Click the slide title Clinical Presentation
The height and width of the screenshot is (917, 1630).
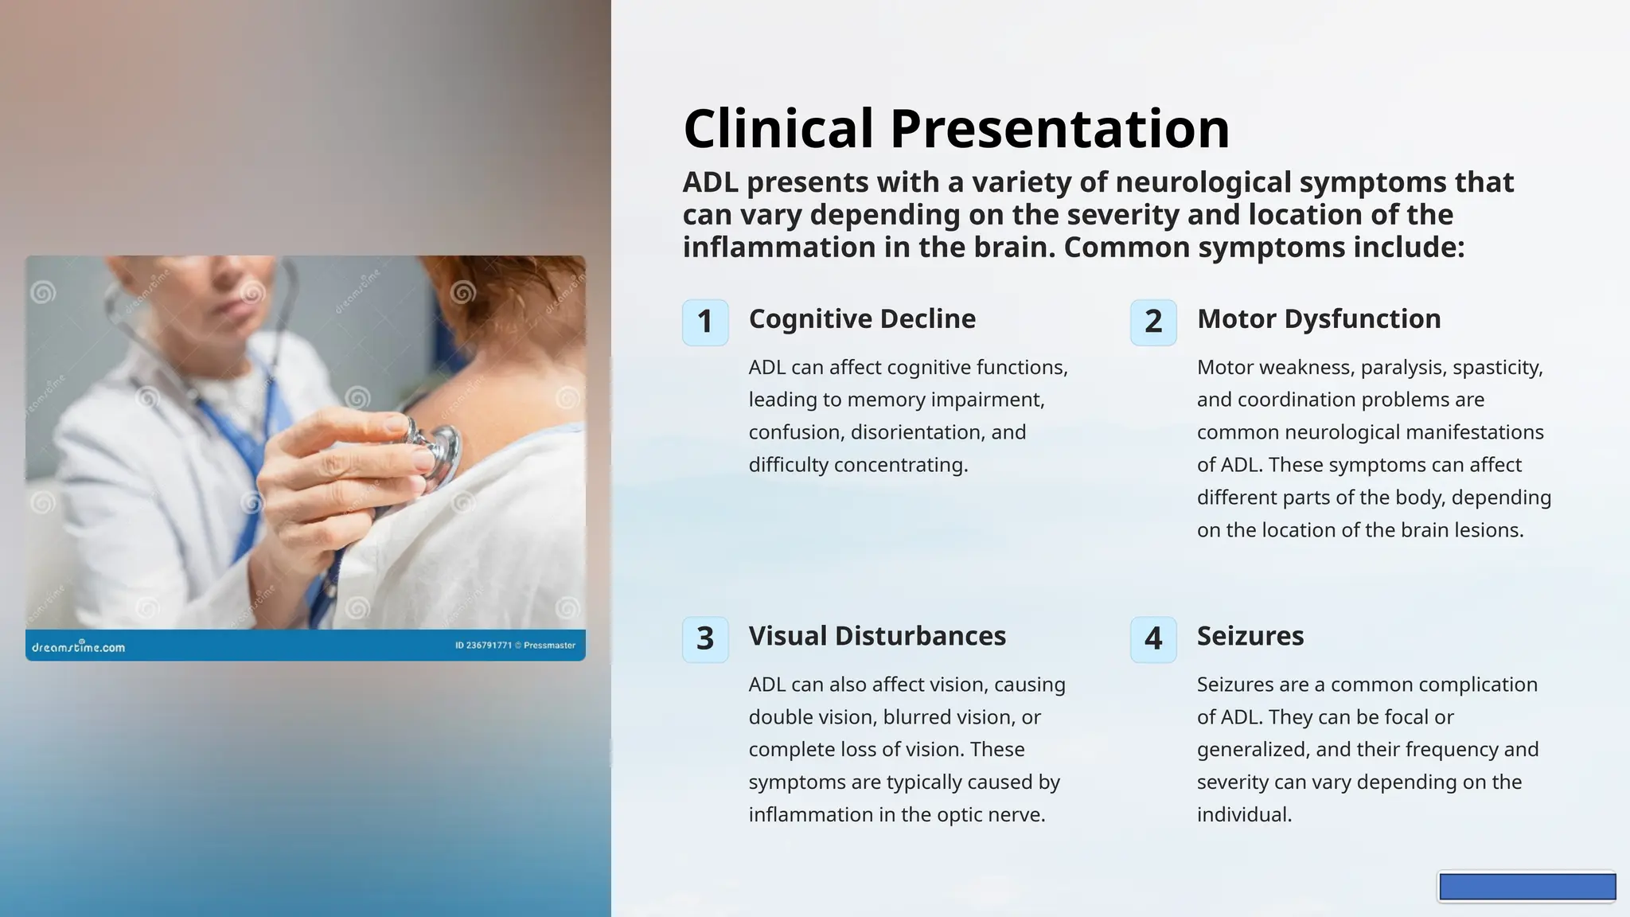coord(956,128)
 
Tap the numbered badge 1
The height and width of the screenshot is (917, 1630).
coord(705,322)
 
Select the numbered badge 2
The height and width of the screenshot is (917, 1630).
coord(1153,322)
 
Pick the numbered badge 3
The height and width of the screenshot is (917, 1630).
coord(705,639)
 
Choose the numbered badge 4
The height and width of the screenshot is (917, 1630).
coord(1153,639)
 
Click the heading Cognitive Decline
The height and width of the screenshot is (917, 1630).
coord(862,318)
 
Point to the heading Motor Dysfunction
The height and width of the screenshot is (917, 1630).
coord(1319,318)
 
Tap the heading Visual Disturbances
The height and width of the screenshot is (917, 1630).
coord(877,635)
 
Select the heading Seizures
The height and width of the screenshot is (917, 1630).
coord(1250,635)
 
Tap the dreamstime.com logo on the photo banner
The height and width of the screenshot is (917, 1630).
coord(78,646)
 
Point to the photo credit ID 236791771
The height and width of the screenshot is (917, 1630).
coord(484,646)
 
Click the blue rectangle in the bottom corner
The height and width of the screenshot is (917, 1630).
coord(1527,887)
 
